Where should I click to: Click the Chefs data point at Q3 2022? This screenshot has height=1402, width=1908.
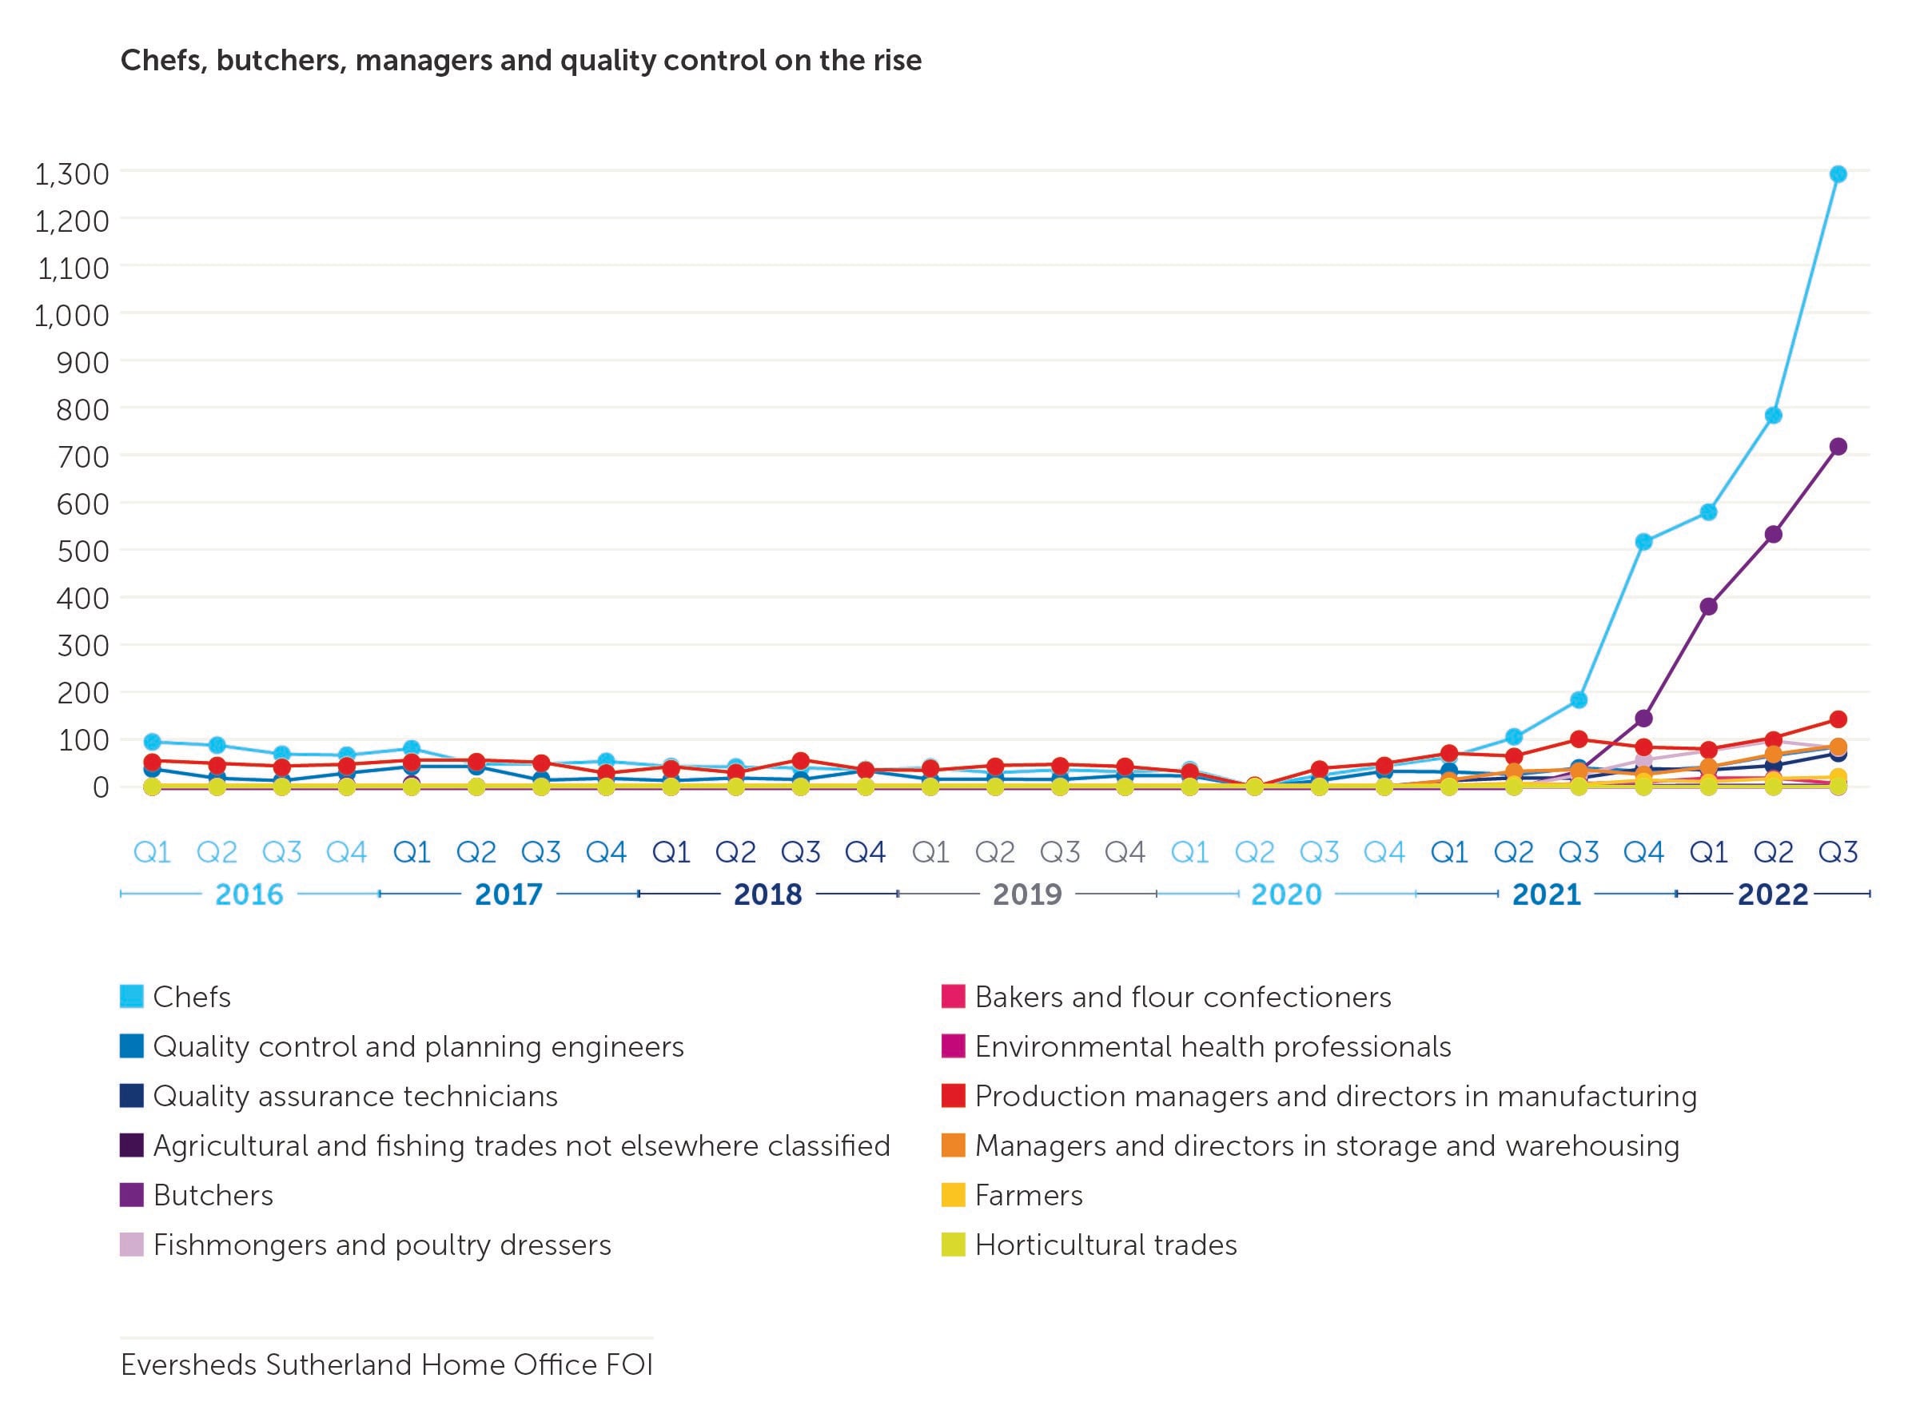pyautogui.click(x=1838, y=174)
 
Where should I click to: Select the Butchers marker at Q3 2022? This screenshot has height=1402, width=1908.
pyautogui.click(x=1838, y=446)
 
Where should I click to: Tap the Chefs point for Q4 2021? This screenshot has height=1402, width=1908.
pyautogui.click(x=1643, y=541)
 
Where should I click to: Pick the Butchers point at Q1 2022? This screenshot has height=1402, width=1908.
pyautogui.click(x=1708, y=606)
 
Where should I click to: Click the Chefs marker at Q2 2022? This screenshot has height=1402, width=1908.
pyautogui.click(x=1773, y=415)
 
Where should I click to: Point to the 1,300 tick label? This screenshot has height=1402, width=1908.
pyautogui.click(x=72, y=174)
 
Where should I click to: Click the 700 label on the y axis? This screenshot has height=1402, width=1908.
pyautogui.click(x=82, y=456)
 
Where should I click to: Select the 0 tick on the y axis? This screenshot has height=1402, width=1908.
pyautogui.click(x=100, y=787)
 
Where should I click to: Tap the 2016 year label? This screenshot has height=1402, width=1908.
pyautogui.click(x=249, y=894)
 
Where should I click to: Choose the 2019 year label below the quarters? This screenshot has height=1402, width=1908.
pyautogui.click(x=1027, y=894)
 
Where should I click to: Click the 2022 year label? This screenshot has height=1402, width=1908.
pyautogui.click(x=1773, y=894)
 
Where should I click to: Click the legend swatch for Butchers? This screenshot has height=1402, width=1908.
pyautogui.click(x=132, y=1195)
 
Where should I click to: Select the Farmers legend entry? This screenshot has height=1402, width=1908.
pyautogui.click(x=1029, y=1195)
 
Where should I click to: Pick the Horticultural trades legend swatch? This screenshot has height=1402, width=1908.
pyautogui.click(x=953, y=1245)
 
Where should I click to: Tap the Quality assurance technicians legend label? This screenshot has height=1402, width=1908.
pyautogui.click(x=355, y=1096)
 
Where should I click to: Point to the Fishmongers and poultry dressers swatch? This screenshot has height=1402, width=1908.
pyautogui.click(x=132, y=1245)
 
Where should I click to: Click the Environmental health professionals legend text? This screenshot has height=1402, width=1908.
pyautogui.click(x=1213, y=1046)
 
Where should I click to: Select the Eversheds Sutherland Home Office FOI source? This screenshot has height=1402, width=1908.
pyautogui.click(x=387, y=1364)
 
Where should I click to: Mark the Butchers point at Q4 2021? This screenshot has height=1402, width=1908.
pyautogui.click(x=1643, y=718)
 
